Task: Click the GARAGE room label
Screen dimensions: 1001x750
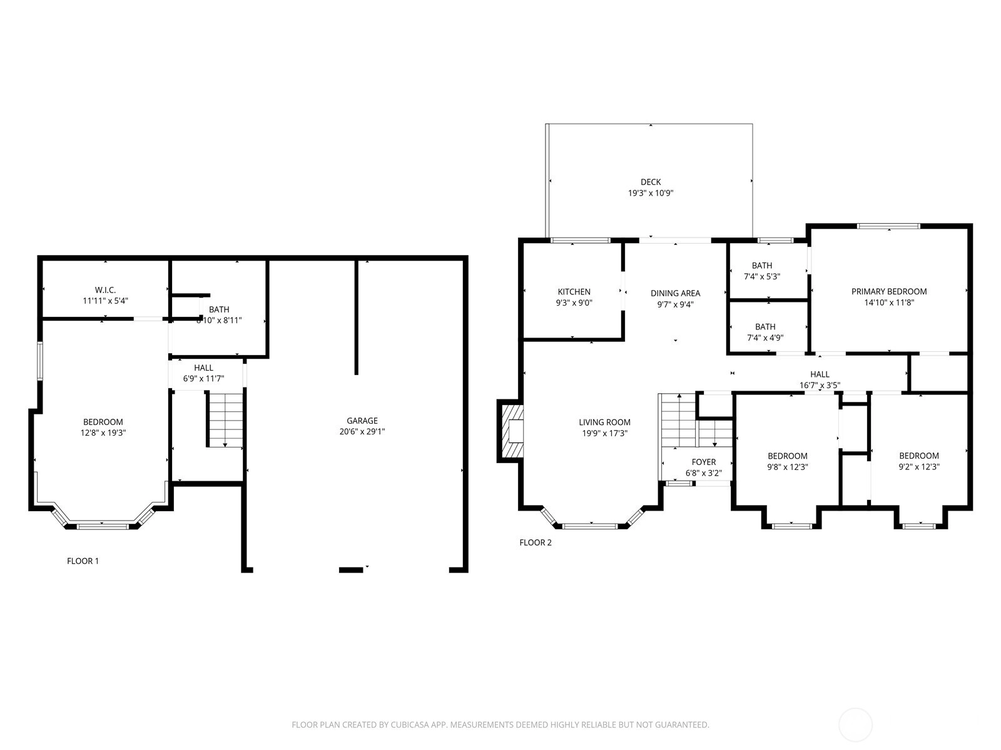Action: click(362, 421)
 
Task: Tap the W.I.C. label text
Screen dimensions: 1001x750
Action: click(105, 290)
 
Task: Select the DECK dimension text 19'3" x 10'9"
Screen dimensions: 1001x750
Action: click(651, 193)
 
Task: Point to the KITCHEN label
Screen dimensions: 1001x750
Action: click(574, 292)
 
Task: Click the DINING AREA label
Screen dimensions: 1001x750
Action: click(676, 293)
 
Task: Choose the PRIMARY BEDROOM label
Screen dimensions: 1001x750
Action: click(889, 291)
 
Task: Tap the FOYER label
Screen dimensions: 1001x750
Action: click(704, 462)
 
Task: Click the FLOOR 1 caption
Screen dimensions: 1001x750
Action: click(83, 561)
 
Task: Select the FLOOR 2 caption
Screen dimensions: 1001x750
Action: click(536, 542)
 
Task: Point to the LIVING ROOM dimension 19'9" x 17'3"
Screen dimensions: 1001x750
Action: click(605, 434)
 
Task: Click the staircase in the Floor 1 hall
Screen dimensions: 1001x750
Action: click(225, 419)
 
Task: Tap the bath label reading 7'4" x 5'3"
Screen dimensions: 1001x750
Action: click(762, 276)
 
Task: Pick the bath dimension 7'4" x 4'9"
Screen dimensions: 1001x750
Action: click(765, 338)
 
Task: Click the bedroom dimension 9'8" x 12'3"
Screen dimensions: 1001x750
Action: click(788, 467)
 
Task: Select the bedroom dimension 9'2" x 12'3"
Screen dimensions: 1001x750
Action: click(919, 467)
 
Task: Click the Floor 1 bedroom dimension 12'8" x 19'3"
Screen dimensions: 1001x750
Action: click(103, 432)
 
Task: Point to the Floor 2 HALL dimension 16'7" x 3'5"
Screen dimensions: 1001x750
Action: click(820, 385)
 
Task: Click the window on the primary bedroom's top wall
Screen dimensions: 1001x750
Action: click(888, 226)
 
